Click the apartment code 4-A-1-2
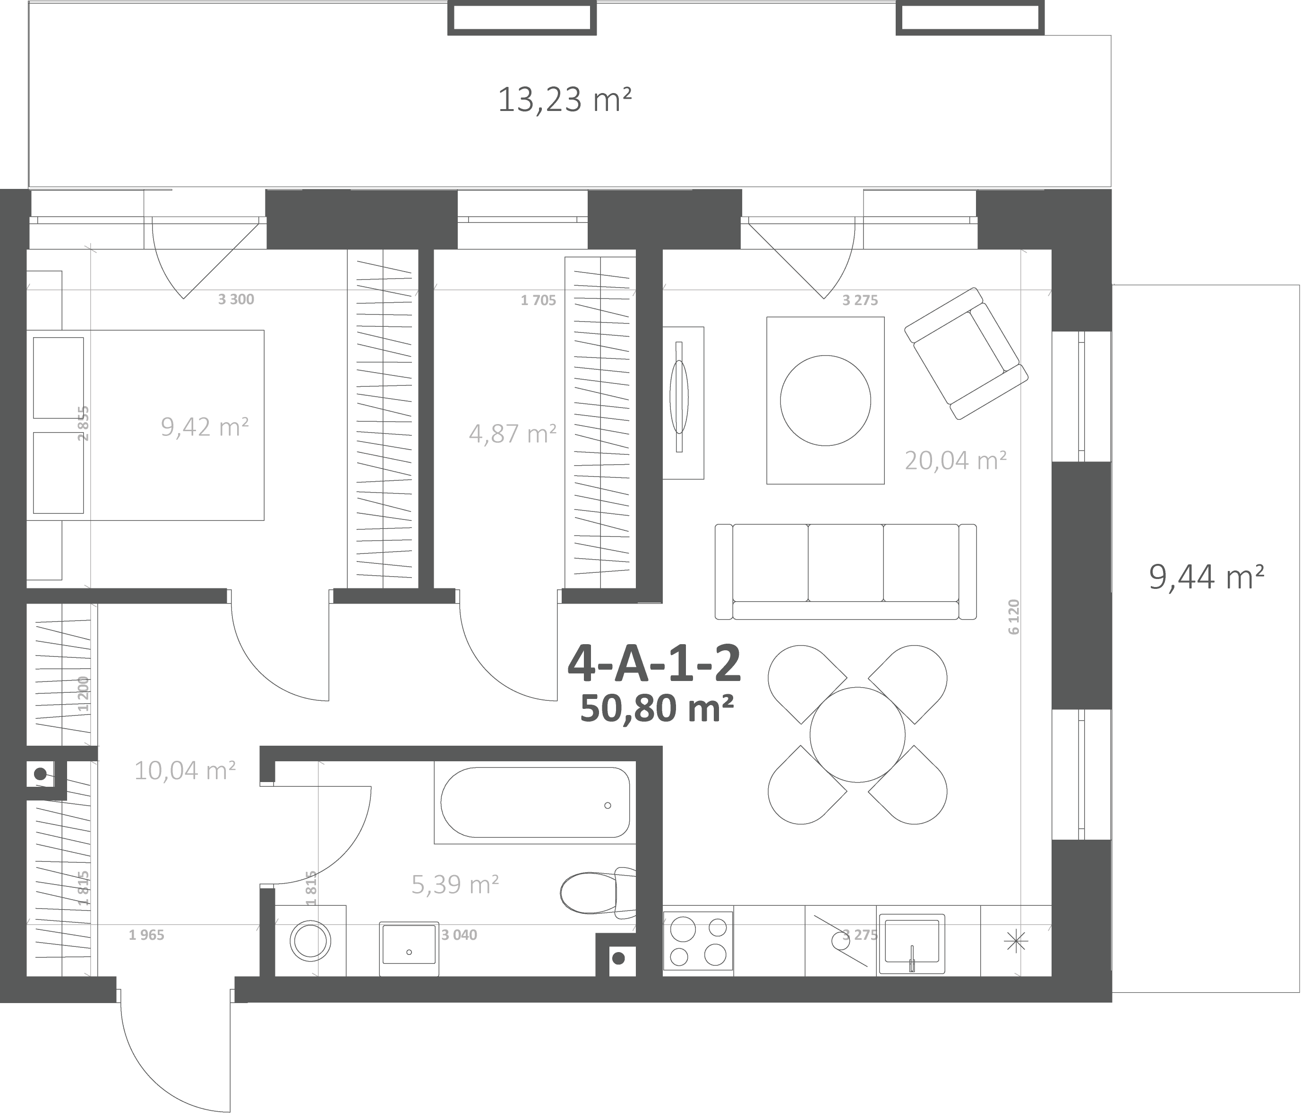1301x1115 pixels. click(654, 664)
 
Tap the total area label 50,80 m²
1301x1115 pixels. click(657, 708)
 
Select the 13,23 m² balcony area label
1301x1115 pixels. click(565, 100)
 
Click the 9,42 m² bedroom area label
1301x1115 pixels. click(205, 427)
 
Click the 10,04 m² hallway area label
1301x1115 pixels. click(185, 770)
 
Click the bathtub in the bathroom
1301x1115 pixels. click(535, 802)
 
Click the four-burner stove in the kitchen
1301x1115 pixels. click(698, 942)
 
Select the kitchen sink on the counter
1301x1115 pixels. click(912, 943)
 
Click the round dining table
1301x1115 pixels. click(857, 734)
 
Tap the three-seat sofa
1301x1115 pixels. click(846, 572)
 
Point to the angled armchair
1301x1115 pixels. click(966, 353)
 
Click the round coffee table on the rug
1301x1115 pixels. click(825, 400)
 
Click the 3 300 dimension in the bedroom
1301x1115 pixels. click(236, 299)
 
